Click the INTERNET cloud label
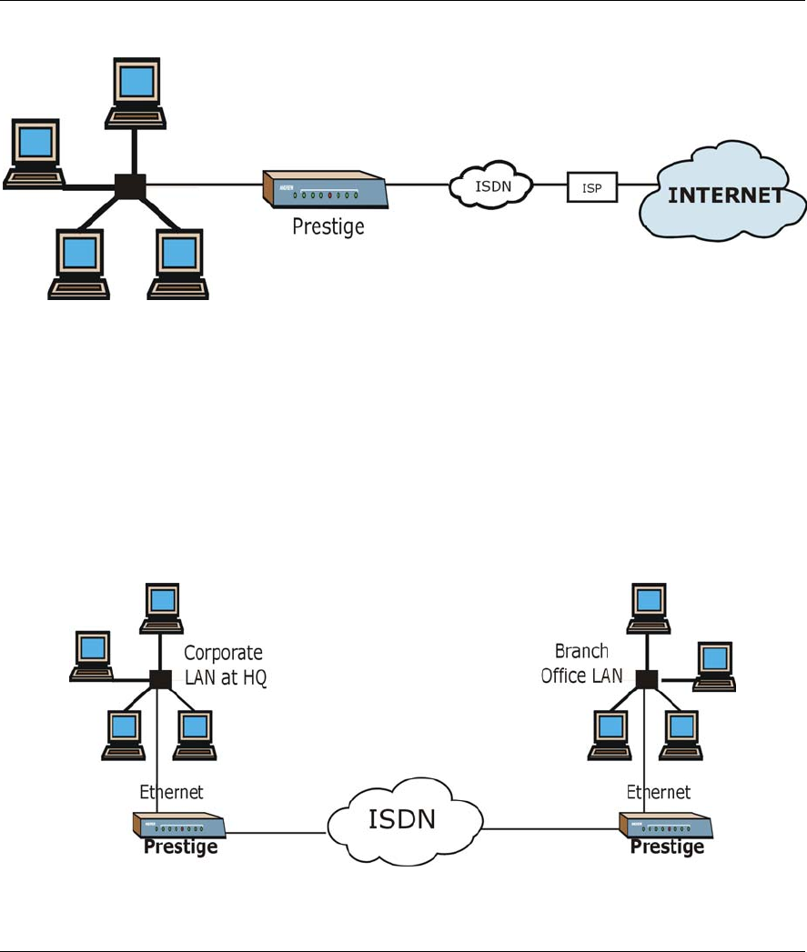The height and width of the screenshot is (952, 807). click(726, 196)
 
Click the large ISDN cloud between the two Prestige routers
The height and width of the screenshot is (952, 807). click(400, 818)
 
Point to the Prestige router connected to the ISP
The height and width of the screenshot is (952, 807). click(325, 191)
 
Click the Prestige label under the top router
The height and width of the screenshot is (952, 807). click(328, 225)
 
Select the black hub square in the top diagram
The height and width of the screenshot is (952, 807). click(131, 186)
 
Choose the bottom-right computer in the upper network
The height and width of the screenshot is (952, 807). click(177, 263)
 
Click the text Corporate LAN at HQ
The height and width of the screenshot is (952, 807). click(225, 665)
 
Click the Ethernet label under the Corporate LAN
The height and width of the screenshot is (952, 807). click(170, 792)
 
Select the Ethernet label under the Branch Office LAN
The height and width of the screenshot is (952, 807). click(659, 792)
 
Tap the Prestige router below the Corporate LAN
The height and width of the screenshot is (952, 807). click(178, 826)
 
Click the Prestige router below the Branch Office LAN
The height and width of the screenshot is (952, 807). click(666, 825)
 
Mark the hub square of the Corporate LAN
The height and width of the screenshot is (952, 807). click(161, 678)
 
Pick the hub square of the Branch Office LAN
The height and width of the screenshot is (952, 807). click(647, 678)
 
